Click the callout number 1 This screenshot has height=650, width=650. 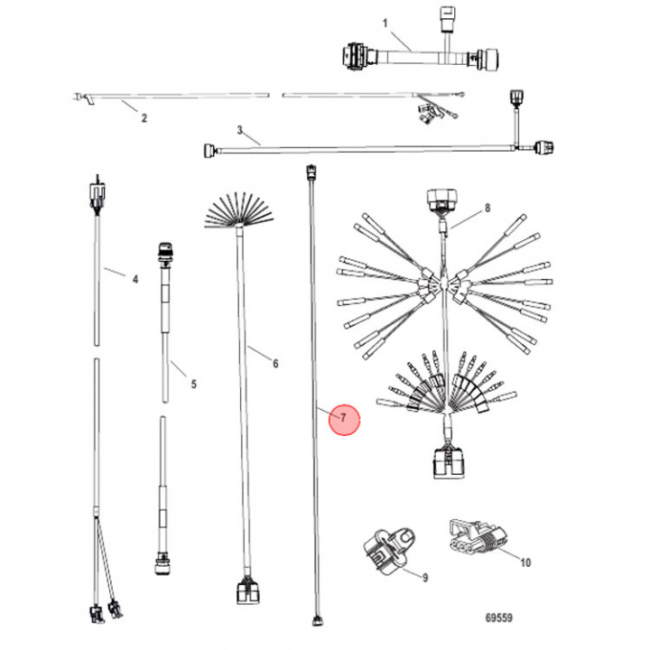click(x=385, y=22)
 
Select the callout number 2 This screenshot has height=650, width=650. click(x=142, y=117)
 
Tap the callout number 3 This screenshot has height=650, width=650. click(x=241, y=131)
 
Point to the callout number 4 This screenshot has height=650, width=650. click(x=135, y=280)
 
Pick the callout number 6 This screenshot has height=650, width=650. click(x=275, y=364)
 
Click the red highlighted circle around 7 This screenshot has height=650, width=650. click(x=344, y=418)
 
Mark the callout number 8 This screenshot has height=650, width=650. click(x=487, y=209)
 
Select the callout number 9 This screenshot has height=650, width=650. click(x=424, y=575)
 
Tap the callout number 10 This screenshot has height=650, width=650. click(x=525, y=562)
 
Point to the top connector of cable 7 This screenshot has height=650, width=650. click(x=311, y=173)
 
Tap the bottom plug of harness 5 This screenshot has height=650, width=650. click(x=163, y=565)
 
